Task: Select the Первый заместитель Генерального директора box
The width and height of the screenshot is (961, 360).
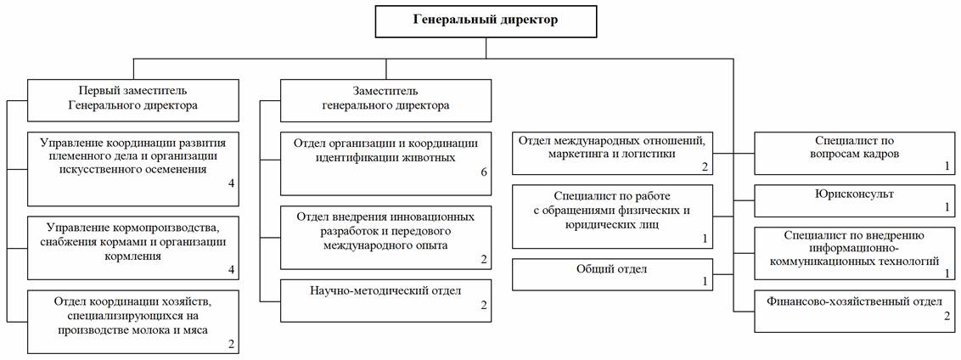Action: pyautogui.click(x=133, y=98)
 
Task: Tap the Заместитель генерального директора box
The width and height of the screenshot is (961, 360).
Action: pyautogui.click(x=385, y=98)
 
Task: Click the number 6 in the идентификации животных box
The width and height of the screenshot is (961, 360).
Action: pyautogui.click(x=484, y=172)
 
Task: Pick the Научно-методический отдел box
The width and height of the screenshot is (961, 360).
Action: pyautogui.click(x=385, y=301)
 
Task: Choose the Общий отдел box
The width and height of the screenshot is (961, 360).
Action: pyautogui.click(x=612, y=275)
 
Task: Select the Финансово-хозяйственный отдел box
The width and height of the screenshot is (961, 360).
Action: pyautogui.click(x=855, y=312)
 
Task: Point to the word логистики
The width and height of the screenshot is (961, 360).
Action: pyautogui.click(x=650, y=154)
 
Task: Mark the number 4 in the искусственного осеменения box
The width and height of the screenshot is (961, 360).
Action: pyautogui.click(x=231, y=183)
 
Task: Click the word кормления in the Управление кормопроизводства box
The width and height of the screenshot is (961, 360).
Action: pyautogui.click(x=133, y=256)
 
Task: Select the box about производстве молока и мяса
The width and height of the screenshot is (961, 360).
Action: pyautogui.click(x=133, y=323)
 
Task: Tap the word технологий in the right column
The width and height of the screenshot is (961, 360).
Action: pyautogui.click(x=911, y=262)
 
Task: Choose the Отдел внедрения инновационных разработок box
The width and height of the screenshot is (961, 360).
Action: pyautogui.click(x=385, y=238)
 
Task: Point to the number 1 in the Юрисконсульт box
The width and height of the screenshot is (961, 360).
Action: pyautogui.click(x=947, y=207)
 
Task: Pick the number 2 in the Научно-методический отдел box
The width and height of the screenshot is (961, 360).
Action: pyautogui.click(x=484, y=304)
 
